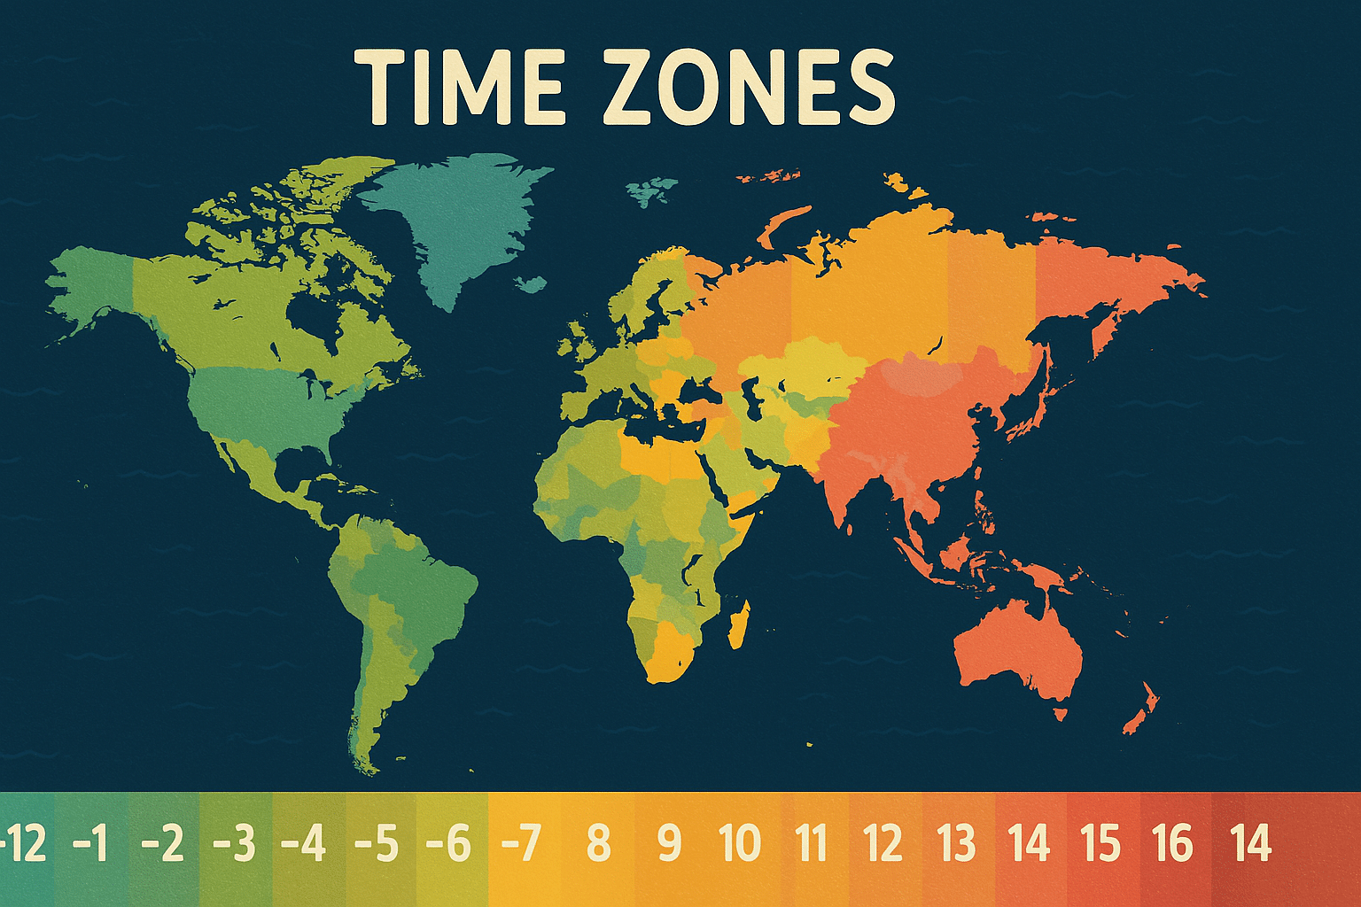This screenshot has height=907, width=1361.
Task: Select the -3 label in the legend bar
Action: pos(234,844)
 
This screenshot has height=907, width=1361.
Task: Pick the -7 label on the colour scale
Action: pos(521,844)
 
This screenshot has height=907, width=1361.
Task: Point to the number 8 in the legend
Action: pos(599,844)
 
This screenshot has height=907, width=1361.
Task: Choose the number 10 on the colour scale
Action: pos(740,844)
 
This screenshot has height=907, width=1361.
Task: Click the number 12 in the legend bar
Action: pos(883,844)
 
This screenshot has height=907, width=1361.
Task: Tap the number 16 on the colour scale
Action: pos(1173,844)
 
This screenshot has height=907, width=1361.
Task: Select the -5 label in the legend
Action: pos(377,844)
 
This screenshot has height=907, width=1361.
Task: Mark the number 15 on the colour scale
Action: pos(1100,844)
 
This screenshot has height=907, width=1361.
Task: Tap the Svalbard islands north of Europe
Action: pos(651,189)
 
